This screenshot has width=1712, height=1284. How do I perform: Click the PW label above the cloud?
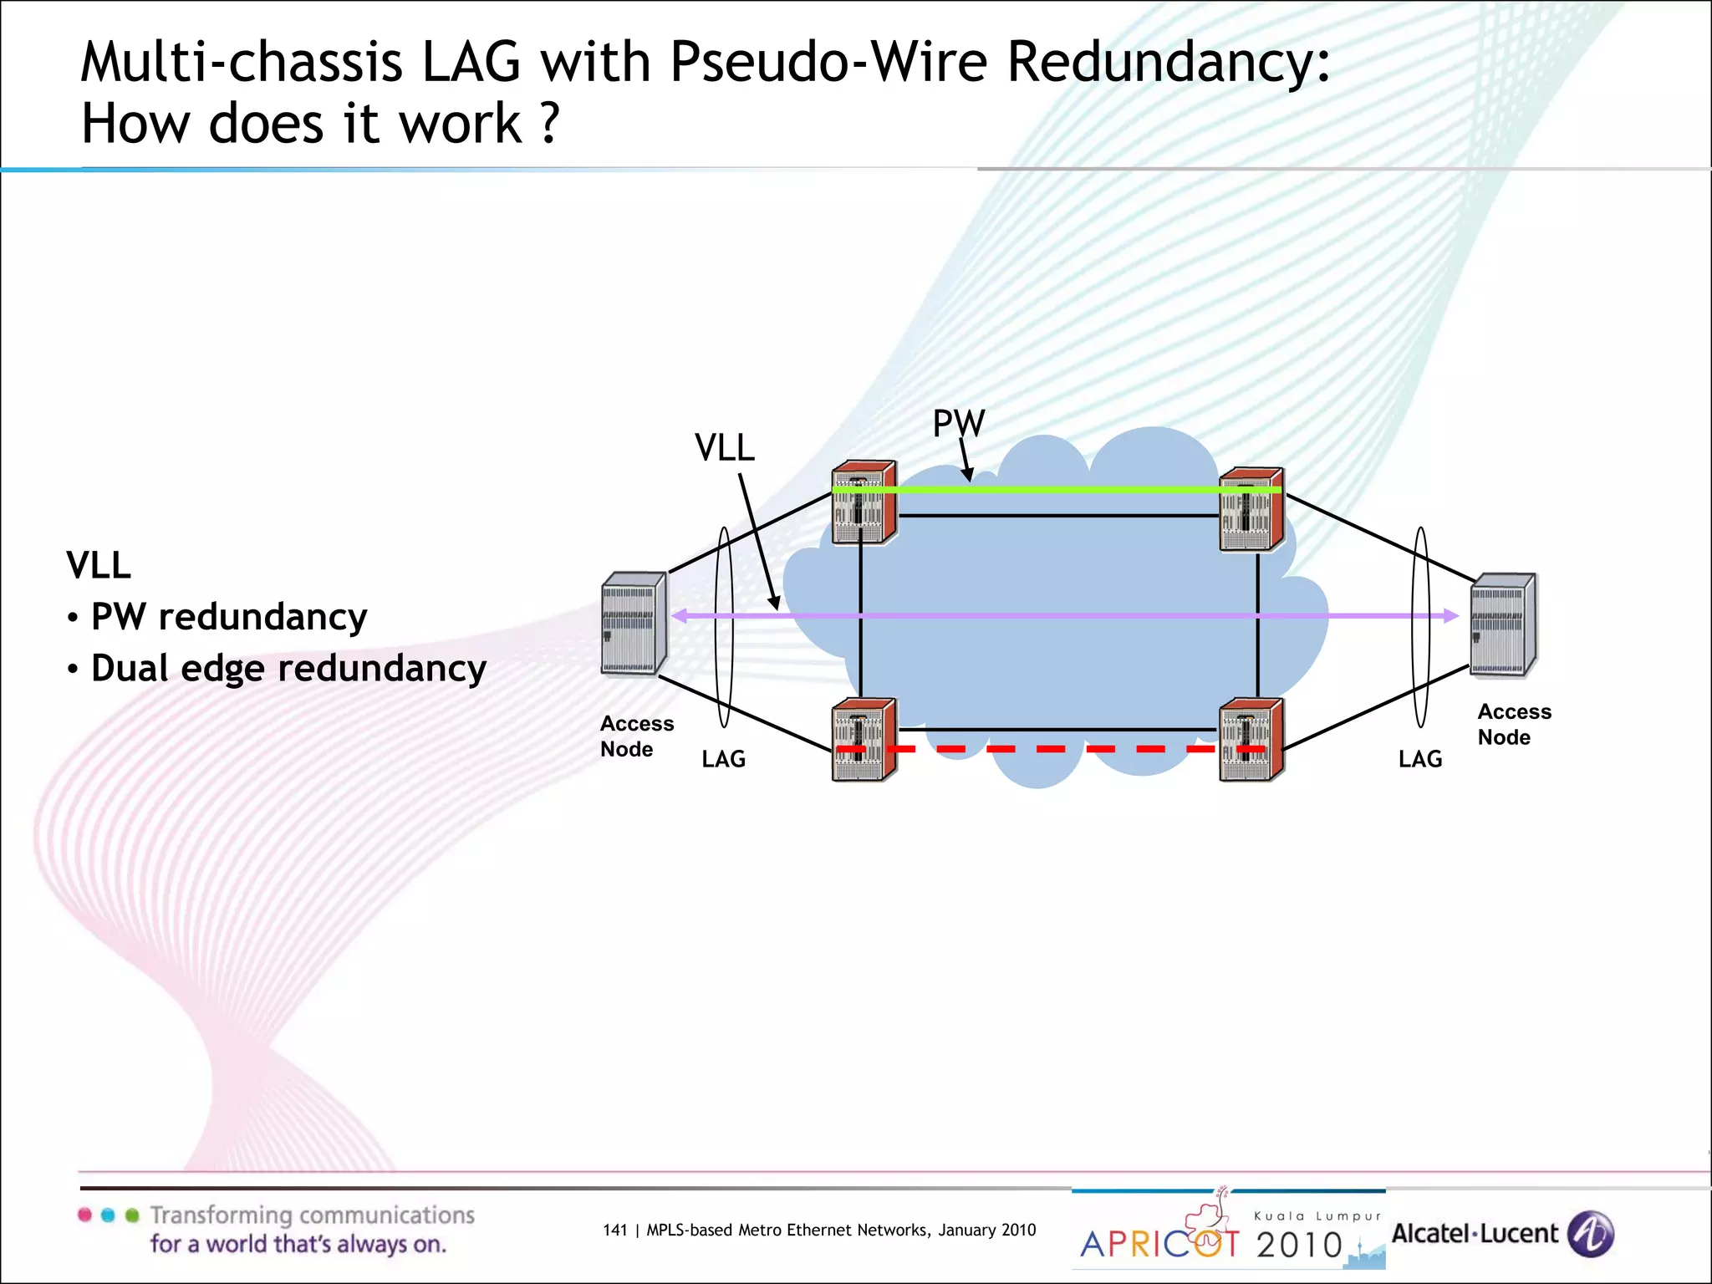(x=959, y=423)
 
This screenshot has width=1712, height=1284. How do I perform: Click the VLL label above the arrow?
(x=725, y=448)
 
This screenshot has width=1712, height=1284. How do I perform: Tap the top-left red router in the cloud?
(x=864, y=502)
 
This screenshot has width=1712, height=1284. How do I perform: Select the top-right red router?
(x=1251, y=509)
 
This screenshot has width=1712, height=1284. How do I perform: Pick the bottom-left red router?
(x=864, y=740)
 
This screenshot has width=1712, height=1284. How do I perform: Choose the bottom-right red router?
(x=1251, y=740)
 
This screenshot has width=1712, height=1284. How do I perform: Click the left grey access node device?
(x=633, y=624)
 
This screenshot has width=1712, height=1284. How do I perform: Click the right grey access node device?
(x=1503, y=624)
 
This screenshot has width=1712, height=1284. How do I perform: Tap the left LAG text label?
(x=723, y=759)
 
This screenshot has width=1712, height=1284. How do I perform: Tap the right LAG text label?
(x=1420, y=759)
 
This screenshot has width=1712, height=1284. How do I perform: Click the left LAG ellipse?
(x=724, y=627)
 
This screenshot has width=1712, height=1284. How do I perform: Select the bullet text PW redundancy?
(x=228, y=617)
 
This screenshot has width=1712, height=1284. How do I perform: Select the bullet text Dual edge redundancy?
(x=288, y=669)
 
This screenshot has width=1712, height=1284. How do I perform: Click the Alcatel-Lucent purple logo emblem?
(x=1591, y=1234)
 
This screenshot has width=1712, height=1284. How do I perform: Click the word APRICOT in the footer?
(x=1160, y=1244)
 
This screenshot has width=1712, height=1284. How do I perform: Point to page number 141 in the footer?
(x=614, y=1230)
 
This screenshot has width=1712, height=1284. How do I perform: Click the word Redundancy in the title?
(x=1168, y=62)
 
